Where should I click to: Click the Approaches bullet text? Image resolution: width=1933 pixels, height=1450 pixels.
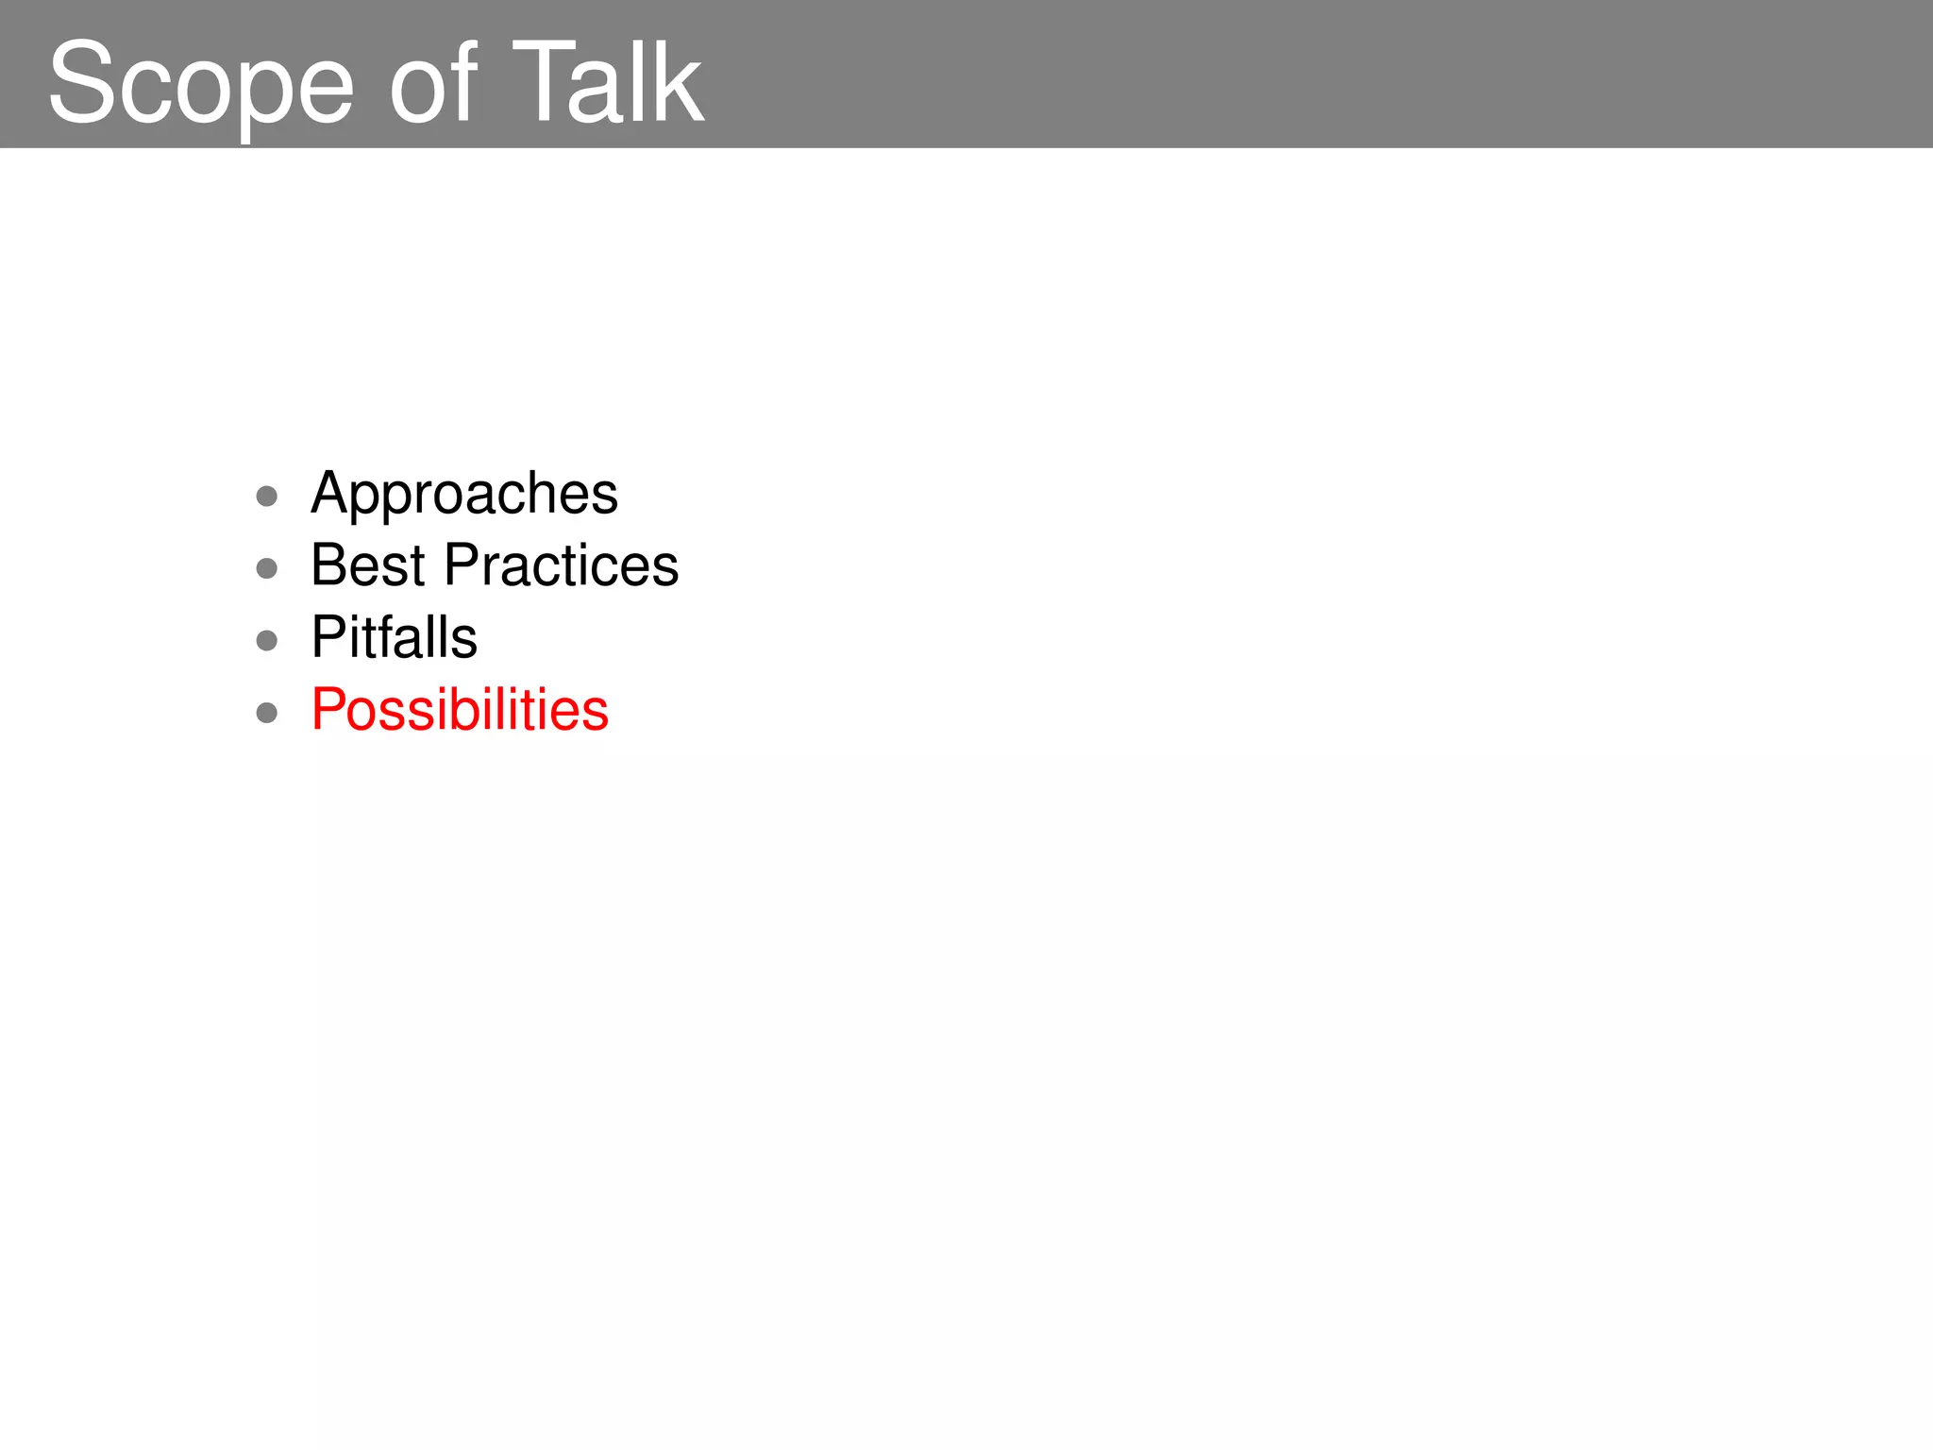[x=463, y=495]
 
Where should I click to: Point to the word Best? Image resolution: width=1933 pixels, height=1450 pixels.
[x=368, y=565]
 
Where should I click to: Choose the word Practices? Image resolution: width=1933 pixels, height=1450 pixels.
[x=561, y=565]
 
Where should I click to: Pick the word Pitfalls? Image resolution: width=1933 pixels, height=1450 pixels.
[x=394, y=637]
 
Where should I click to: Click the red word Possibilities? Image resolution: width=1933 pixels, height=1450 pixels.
[x=460, y=710]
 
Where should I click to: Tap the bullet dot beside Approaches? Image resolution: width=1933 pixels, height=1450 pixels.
[x=267, y=497]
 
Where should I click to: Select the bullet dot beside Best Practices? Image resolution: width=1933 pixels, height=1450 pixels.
[x=267, y=568]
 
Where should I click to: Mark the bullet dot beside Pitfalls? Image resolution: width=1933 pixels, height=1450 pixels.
[x=267, y=641]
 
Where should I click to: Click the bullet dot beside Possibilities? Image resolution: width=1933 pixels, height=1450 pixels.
[x=267, y=713]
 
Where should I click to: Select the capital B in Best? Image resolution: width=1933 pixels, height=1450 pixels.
[x=330, y=565]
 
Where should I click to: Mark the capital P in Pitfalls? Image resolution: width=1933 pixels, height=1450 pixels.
[x=329, y=637]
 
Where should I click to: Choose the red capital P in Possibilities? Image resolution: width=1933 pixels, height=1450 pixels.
[x=329, y=710]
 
